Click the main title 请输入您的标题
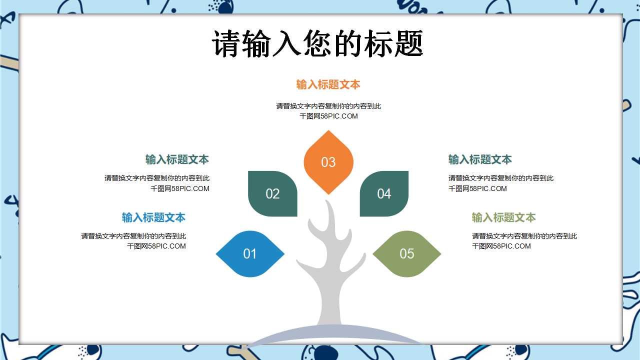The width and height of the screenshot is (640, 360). pos(317,43)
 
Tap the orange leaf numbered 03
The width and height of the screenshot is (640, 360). pos(328,162)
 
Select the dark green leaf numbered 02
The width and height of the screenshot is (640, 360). pos(272,193)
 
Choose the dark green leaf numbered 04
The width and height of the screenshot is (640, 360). pos(384,193)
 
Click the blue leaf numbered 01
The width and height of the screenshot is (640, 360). pos(250,253)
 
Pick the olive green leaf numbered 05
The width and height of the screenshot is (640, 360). pos(407,253)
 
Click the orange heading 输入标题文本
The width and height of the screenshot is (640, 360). pos(328,84)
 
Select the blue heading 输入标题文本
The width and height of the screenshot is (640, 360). pos(153,217)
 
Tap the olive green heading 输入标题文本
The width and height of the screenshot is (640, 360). pos(503,217)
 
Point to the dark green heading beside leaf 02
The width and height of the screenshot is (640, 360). pos(177,159)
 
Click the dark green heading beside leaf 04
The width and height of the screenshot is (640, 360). pos(480,159)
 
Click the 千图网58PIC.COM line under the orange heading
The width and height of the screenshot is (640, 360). pos(328,116)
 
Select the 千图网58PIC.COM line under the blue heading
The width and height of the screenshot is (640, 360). pos(156,246)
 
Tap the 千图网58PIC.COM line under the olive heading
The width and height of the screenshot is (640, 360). pos(501,246)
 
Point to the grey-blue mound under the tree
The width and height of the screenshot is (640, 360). pos(334,335)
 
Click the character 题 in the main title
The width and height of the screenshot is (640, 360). pos(408,43)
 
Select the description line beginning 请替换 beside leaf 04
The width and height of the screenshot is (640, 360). pos(501,178)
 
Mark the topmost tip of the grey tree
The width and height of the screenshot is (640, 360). pos(326,200)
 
